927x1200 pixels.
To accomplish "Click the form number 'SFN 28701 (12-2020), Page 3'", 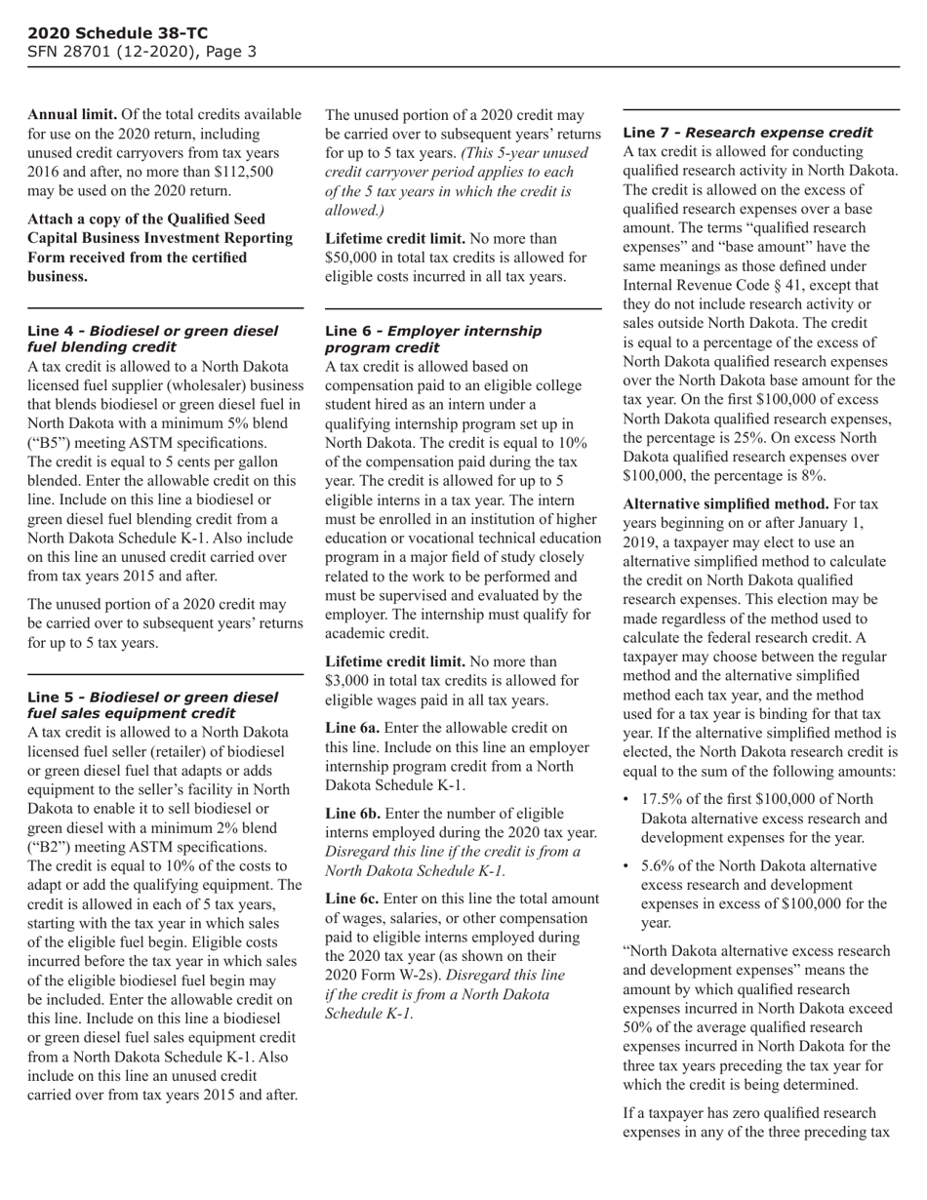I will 141,51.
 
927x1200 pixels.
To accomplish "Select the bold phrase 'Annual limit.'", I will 67,115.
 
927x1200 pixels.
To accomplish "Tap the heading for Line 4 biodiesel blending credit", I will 152,339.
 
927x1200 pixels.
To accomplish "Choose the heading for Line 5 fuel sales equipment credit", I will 152,705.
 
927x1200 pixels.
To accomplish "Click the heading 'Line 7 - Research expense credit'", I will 747,132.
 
